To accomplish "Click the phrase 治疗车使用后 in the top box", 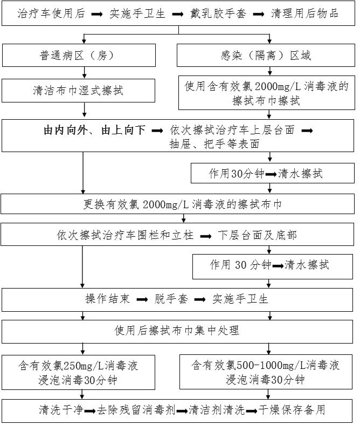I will (51, 13).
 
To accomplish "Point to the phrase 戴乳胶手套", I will (218, 13).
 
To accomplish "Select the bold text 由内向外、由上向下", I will (94, 131).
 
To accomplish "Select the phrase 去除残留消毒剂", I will (136, 409).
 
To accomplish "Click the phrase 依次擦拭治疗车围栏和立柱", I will (126, 235).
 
